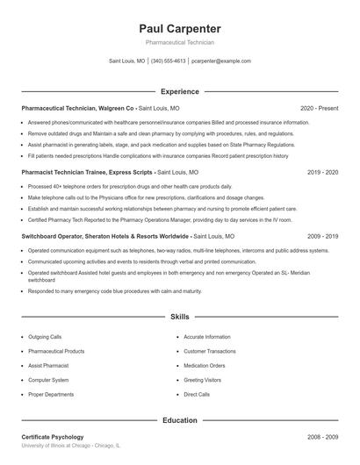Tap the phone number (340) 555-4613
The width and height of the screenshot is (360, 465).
click(x=168, y=61)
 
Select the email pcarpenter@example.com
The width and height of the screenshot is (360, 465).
click(x=221, y=61)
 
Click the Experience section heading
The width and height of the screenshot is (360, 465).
click(x=179, y=91)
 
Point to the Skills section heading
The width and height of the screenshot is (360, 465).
click(x=179, y=316)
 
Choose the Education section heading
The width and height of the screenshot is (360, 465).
click(x=179, y=420)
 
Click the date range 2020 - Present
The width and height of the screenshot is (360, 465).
click(x=319, y=108)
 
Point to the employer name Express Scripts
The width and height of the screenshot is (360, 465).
click(x=131, y=174)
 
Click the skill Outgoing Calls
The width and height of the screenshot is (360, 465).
click(x=45, y=337)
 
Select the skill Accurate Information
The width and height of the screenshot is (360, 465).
click(x=207, y=337)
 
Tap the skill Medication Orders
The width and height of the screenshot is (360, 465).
click(x=205, y=366)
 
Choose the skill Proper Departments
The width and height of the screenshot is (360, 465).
click(x=51, y=395)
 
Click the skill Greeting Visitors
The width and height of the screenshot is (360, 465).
click(x=202, y=380)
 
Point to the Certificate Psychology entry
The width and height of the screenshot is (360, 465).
click(x=53, y=436)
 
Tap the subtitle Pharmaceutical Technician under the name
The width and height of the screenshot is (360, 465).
click(x=179, y=42)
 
